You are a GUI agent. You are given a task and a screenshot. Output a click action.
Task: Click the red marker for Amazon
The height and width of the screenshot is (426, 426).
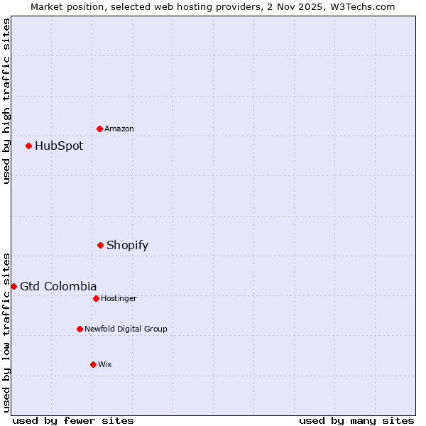pos(99,129)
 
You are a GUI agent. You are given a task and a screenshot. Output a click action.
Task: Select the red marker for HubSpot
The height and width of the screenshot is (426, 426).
pos(28,146)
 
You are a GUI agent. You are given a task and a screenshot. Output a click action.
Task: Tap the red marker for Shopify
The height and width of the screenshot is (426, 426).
pos(100,245)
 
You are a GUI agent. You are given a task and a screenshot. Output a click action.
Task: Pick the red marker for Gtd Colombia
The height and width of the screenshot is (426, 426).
pos(13,286)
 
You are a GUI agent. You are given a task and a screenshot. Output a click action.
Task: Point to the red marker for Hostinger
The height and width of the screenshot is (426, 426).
pos(96,298)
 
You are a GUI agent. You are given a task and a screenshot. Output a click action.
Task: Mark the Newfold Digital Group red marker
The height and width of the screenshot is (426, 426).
pos(80,329)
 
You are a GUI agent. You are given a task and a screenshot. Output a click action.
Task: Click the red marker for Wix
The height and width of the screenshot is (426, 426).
pos(93,364)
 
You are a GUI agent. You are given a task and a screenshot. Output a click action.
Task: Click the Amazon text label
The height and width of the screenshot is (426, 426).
pos(119,129)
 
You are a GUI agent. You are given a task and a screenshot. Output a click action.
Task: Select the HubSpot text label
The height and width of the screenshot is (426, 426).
pos(59,146)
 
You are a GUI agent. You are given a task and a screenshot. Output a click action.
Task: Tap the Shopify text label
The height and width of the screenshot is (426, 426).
pos(127,246)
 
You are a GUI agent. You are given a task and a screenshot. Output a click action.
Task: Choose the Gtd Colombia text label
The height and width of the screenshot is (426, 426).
pos(58,287)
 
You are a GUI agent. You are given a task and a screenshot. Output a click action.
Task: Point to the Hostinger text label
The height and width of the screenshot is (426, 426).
pos(119,299)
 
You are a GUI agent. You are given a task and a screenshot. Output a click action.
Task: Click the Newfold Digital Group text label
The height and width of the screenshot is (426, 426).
pos(126,329)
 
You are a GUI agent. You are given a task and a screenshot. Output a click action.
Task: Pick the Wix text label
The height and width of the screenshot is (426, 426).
pos(105,365)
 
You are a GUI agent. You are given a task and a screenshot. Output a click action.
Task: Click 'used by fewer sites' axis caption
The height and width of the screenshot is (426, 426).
pos(73,420)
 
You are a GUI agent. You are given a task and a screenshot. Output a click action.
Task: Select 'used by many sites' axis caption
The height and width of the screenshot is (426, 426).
pos(356,420)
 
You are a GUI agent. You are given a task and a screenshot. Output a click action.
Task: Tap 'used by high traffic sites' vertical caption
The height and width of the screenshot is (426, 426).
pos(6,101)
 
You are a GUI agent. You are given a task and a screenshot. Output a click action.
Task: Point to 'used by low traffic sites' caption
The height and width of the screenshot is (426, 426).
pos(6,332)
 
